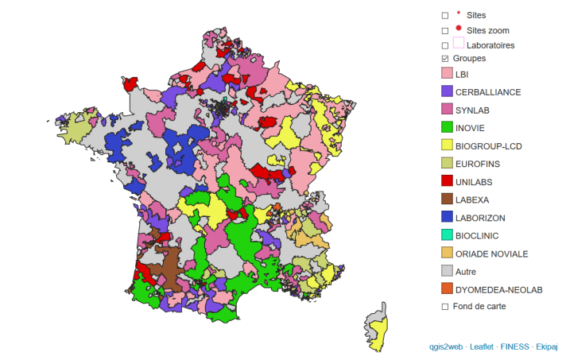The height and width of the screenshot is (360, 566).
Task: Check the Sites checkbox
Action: (x=445, y=15)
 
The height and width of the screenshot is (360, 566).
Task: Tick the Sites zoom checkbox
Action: (x=445, y=30)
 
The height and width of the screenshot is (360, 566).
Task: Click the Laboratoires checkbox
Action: (x=445, y=45)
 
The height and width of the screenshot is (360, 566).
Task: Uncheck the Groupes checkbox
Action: (x=445, y=59)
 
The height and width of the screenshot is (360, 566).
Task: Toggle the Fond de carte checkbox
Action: (x=445, y=306)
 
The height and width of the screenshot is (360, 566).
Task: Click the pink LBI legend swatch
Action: (x=447, y=74)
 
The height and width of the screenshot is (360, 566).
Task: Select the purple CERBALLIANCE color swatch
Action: (x=447, y=91)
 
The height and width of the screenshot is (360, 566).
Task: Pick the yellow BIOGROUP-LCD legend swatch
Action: (x=447, y=145)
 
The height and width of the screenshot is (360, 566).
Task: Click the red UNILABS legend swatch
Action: (x=447, y=181)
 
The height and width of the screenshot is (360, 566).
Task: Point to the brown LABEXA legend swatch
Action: (x=447, y=199)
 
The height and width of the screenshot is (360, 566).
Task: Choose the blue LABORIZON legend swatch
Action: (x=447, y=217)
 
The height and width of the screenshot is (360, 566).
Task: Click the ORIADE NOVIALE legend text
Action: (x=492, y=254)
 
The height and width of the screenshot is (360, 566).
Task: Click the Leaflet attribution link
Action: (x=483, y=346)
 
